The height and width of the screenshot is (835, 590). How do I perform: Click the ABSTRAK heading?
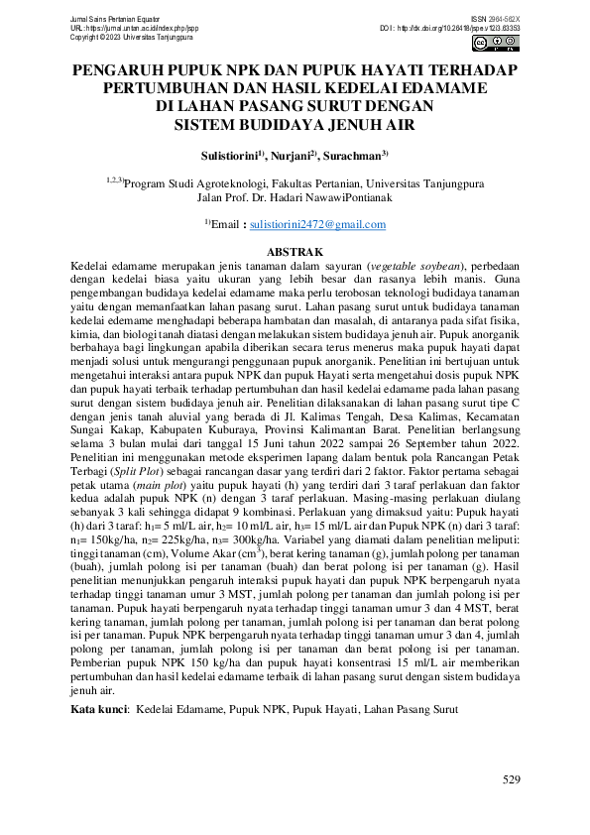coord(296,254)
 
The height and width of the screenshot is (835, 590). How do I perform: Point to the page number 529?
coord(511,780)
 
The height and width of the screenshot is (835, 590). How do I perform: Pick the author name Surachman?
coord(355,156)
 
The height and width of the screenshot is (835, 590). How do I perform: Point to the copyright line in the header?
coord(118,38)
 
